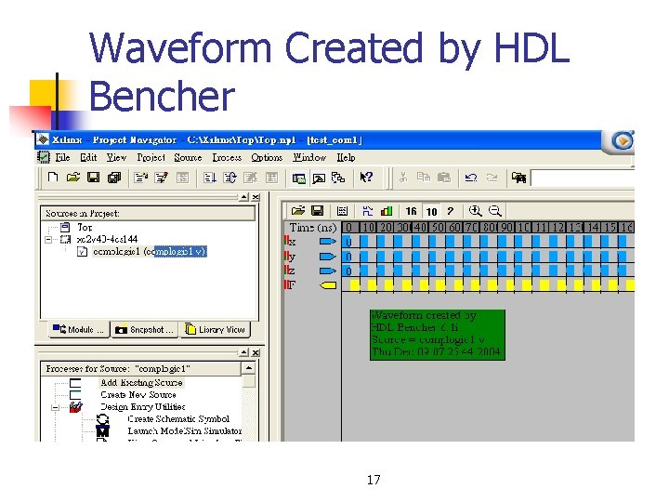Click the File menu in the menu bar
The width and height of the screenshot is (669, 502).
point(63,158)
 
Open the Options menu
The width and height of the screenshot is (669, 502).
point(267,158)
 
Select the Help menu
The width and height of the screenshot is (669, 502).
point(346,158)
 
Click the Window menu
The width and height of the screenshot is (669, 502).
point(309,158)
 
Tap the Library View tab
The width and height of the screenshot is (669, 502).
point(216,329)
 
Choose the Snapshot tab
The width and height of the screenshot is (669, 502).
point(146,329)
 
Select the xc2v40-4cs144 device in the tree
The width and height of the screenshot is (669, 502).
point(107,239)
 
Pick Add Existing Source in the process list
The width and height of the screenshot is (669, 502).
point(141,382)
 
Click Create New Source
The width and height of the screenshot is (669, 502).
point(138,394)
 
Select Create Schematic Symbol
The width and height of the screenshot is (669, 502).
point(177,418)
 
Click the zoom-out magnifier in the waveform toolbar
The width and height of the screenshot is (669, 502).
point(495,211)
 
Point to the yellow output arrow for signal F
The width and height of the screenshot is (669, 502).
point(327,285)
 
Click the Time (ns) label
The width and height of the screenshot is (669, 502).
point(313,227)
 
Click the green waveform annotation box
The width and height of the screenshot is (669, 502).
point(437,335)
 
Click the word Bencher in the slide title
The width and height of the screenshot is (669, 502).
point(163,96)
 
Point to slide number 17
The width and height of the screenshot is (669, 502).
point(374,480)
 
